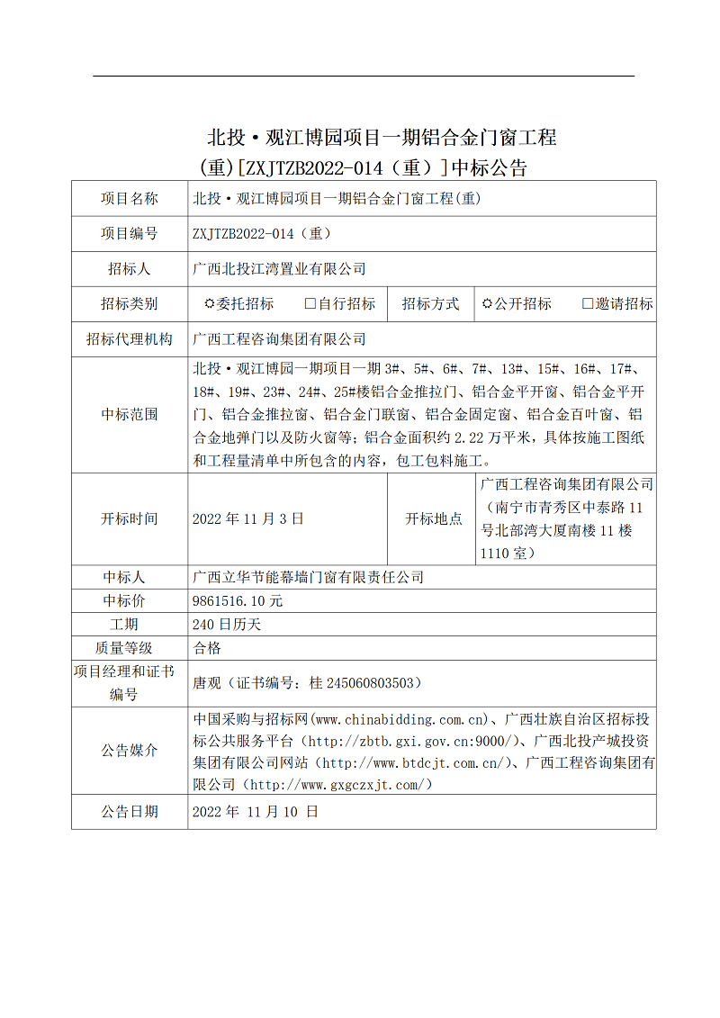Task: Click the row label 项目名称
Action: pyautogui.click(x=130, y=199)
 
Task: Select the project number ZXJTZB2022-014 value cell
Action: pyautogui.click(x=262, y=234)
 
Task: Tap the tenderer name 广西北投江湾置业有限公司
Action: pyautogui.click(x=280, y=269)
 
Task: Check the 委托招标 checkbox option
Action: pyautogui.click(x=210, y=304)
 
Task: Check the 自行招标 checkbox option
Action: pyautogui.click(x=310, y=304)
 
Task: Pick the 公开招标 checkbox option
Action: pyautogui.click(x=487, y=304)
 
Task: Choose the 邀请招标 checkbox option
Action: pyautogui.click(x=588, y=304)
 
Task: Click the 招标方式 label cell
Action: pyautogui.click(x=430, y=304)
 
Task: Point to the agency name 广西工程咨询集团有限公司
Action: pyautogui.click(x=280, y=339)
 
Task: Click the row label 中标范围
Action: pyautogui.click(x=130, y=414)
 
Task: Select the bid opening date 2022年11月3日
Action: pyautogui.click(x=248, y=518)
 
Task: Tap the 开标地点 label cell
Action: pyautogui.click(x=434, y=518)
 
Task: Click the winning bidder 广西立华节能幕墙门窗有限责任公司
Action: pyautogui.click(x=309, y=577)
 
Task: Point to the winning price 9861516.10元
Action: pyautogui.click(x=238, y=600)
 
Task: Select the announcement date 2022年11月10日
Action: pyautogui.click(x=256, y=811)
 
